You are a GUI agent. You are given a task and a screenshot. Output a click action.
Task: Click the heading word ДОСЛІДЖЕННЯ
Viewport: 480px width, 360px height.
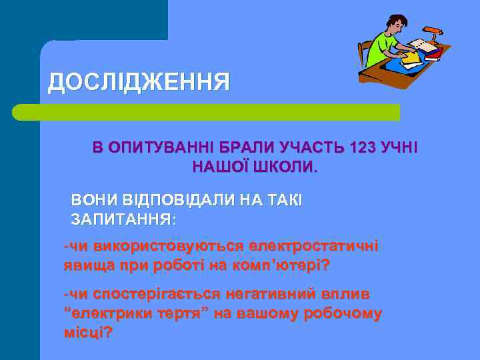[x=139, y=82]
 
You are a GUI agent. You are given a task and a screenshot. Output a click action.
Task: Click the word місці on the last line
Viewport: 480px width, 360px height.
[x=86, y=332]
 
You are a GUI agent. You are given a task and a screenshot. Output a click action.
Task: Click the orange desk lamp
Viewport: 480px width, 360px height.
[x=432, y=31]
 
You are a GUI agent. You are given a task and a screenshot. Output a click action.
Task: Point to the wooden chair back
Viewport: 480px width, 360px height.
[x=365, y=53]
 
